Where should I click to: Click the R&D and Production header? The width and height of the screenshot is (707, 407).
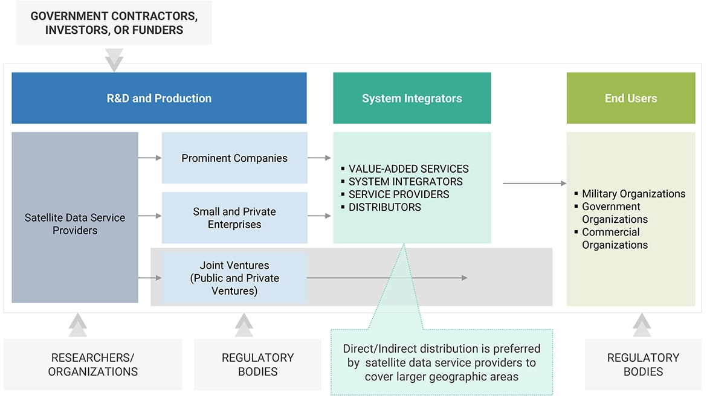tap(159, 98)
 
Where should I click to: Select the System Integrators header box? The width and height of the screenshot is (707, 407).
tap(412, 98)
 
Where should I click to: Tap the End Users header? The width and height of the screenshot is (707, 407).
tap(630, 98)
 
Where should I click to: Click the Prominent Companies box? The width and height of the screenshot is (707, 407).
tap(234, 158)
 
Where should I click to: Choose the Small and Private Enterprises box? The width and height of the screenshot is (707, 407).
tap(234, 218)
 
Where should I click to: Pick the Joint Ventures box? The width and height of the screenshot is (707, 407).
tap(234, 278)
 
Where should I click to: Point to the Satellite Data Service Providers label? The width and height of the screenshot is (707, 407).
tap(75, 224)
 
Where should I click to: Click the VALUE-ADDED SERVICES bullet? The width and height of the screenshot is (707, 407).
tap(408, 169)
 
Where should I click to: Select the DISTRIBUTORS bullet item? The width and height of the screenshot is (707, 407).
tap(384, 207)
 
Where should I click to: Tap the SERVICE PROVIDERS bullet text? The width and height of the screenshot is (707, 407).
tap(399, 194)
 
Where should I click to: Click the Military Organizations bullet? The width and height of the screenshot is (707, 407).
tap(633, 194)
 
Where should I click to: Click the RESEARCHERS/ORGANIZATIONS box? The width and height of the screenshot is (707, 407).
tap(93, 364)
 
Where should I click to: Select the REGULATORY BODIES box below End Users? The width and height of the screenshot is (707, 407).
tap(643, 364)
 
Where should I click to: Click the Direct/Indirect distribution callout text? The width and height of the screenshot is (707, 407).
tap(441, 363)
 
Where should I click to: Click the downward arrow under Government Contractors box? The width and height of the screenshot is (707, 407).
tap(114, 60)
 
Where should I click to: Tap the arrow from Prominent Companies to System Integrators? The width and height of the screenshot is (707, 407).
tap(320, 158)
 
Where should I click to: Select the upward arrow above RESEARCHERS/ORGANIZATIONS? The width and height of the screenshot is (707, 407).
tap(78, 325)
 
